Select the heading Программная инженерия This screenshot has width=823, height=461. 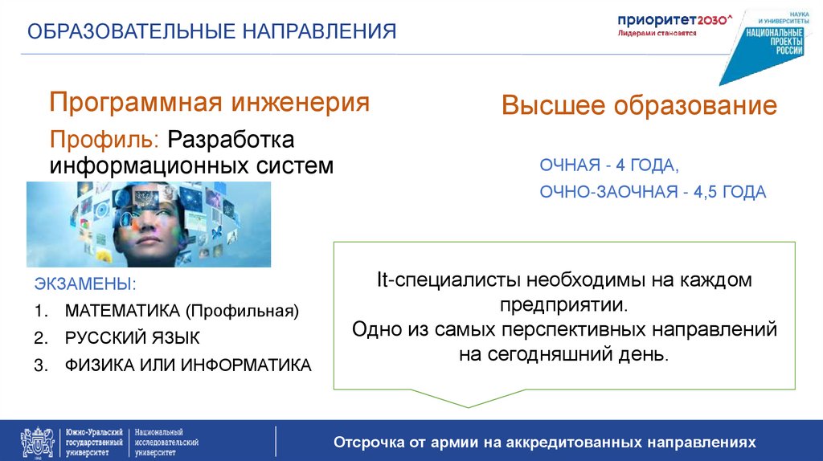point(210,103)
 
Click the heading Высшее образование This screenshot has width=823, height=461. point(639,106)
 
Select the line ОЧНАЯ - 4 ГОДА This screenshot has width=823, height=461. point(609,165)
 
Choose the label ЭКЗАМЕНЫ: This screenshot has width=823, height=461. point(85,284)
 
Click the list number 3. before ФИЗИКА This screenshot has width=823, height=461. point(42,365)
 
